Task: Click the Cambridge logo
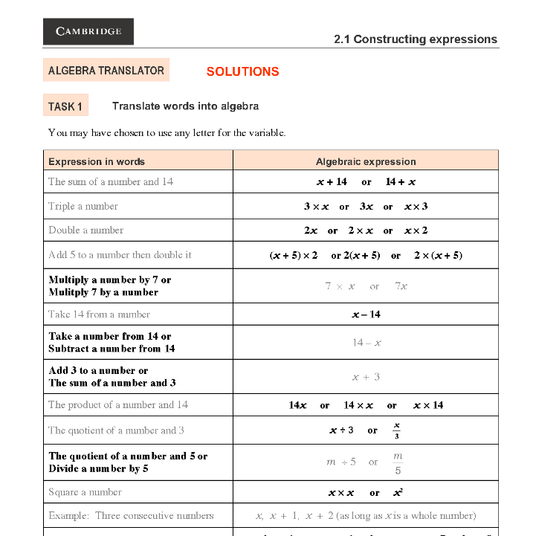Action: tap(88, 31)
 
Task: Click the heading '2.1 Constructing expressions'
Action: tap(415, 39)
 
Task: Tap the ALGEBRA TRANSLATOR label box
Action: tap(106, 71)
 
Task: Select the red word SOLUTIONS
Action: tap(242, 71)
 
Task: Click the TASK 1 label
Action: tap(65, 106)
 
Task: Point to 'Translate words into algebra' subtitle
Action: tap(185, 106)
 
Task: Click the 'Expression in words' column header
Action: tap(97, 161)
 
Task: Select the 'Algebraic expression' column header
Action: tap(366, 161)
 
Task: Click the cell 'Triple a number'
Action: tap(83, 206)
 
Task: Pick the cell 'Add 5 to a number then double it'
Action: tap(120, 254)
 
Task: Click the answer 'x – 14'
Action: tap(366, 314)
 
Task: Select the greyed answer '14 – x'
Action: tap(367, 343)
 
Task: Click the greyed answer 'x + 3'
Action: tap(366, 377)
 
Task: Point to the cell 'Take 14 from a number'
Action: tap(99, 314)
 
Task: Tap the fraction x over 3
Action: tap(397, 430)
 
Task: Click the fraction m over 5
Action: tap(398, 462)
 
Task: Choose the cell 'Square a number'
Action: tap(85, 492)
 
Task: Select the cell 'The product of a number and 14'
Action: tap(118, 405)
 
